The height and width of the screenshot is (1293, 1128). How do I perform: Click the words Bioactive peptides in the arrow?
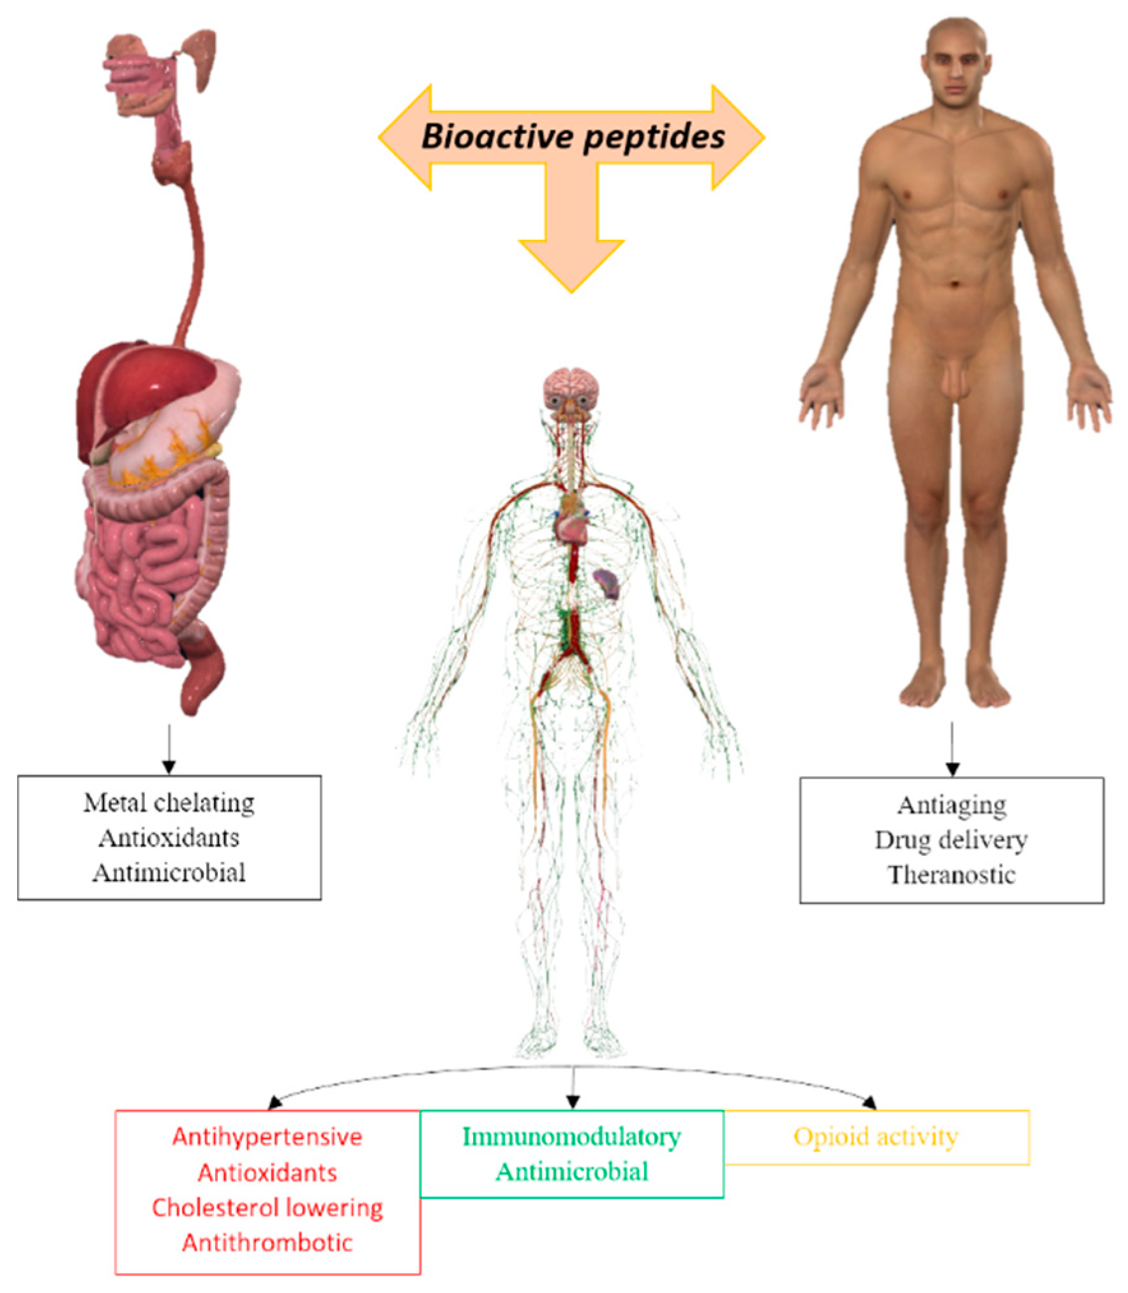point(573,136)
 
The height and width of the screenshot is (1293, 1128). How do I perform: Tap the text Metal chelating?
point(169,803)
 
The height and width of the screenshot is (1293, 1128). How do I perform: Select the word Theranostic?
point(951,874)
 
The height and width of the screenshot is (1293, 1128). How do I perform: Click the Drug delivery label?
point(951,840)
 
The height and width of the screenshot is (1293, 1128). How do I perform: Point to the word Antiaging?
point(951,805)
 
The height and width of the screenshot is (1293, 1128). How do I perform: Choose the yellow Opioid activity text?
point(876,1137)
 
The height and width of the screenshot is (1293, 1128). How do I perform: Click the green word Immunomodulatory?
point(571,1137)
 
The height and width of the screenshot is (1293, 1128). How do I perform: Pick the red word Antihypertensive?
point(267,1137)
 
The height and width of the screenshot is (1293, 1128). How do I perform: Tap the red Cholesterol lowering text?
point(267,1207)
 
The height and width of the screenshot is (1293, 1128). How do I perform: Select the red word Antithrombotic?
point(267,1243)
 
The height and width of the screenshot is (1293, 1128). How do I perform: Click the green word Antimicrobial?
point(571,1172)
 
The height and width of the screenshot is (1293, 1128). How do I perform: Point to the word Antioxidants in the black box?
point(169,838)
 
